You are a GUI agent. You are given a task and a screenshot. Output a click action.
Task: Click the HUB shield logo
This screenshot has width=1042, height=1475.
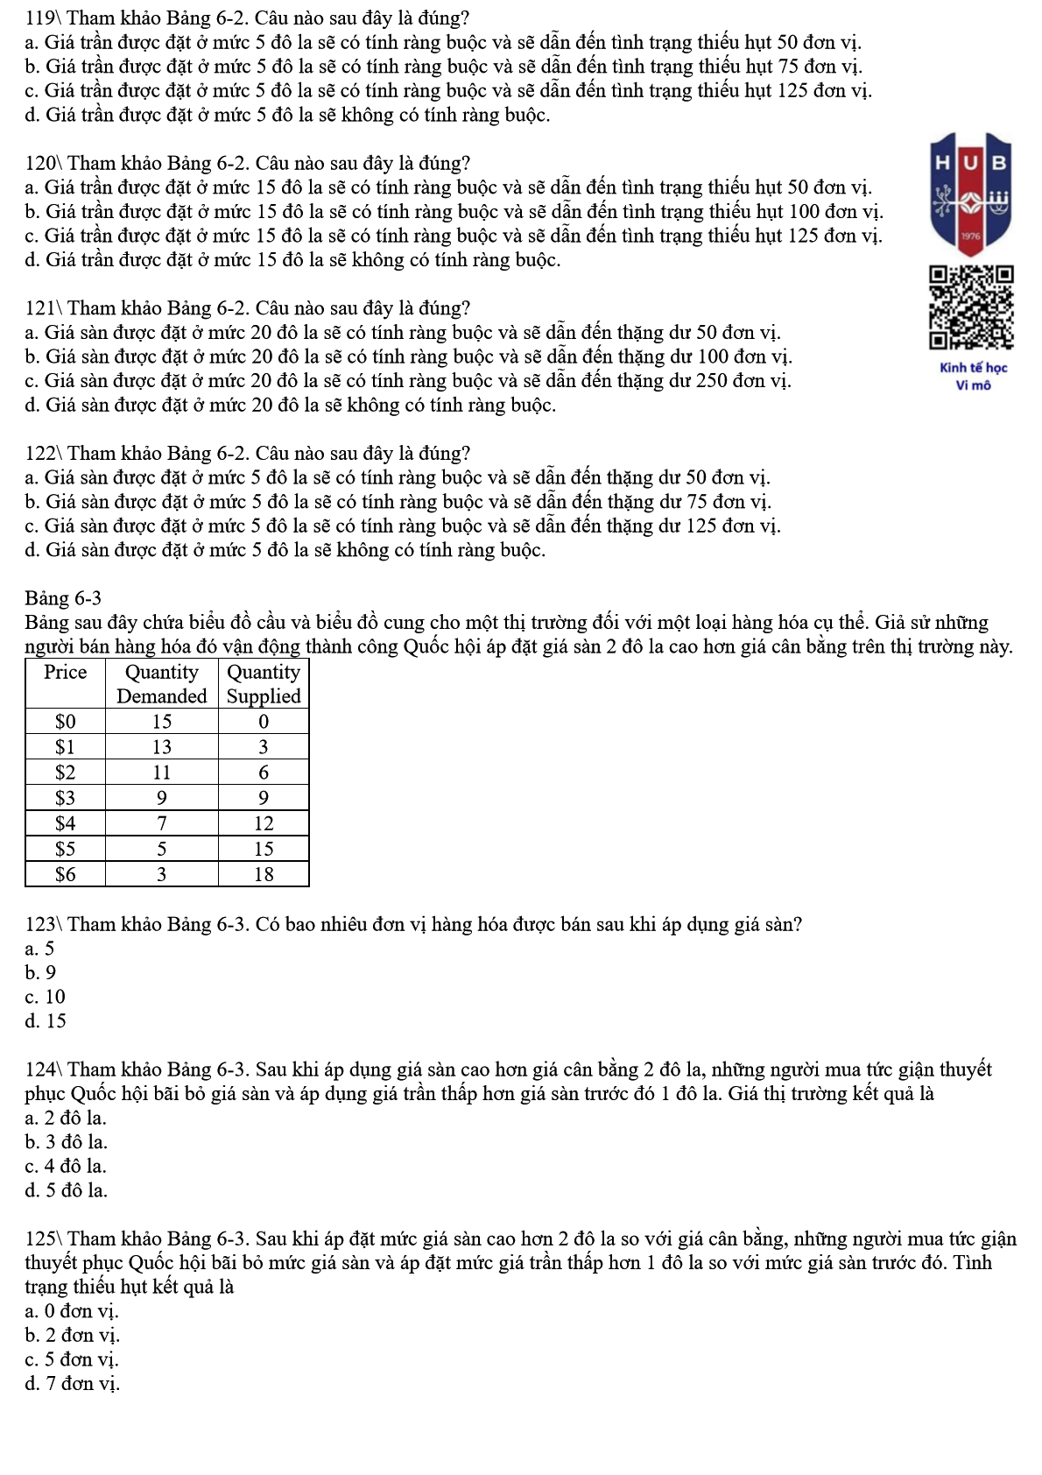972,194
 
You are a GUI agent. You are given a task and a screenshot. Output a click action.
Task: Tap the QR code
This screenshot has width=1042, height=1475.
972,307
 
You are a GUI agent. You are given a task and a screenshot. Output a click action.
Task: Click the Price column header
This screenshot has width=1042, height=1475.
66,673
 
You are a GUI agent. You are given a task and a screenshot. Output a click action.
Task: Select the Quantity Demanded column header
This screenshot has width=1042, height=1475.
162,684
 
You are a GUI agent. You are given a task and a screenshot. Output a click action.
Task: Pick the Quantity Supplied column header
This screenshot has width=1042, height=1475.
264,684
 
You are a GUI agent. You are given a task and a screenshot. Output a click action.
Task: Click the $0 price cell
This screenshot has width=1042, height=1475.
66,722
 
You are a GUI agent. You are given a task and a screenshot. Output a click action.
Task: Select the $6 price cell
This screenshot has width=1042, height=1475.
66,874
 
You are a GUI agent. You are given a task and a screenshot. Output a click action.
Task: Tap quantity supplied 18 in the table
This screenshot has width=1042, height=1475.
264,874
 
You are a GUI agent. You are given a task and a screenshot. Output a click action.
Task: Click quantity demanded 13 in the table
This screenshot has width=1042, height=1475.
162,747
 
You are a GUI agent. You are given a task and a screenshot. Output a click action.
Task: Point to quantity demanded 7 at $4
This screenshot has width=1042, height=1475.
162,823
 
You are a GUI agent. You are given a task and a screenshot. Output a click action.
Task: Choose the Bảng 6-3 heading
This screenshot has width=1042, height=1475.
63,598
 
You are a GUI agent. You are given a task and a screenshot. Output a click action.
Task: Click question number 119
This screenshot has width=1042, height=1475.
41,18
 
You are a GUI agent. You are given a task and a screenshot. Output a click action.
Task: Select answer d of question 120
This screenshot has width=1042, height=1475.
292,260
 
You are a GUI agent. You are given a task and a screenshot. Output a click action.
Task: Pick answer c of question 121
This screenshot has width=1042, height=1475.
407,381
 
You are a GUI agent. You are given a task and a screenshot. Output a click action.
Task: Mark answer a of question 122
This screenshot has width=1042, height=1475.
397,478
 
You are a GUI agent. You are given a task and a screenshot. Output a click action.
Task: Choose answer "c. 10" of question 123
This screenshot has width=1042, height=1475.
46,997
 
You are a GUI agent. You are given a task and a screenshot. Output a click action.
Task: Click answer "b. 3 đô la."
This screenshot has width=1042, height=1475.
67,1142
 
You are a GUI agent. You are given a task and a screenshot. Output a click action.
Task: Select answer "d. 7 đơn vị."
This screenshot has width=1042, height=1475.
72,1384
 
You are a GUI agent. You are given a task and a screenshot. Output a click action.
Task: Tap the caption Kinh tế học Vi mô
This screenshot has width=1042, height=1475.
973,377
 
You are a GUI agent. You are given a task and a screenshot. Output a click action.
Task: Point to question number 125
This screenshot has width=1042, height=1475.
41,1239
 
